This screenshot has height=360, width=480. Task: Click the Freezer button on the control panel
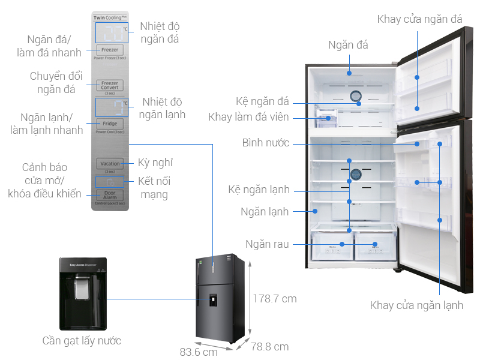click(x=110, y=50)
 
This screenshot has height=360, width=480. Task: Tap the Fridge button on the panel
click(x=110, y=124)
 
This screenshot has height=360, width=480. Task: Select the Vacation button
click(x=110, y=163)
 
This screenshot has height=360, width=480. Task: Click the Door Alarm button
click(x=110, y=195)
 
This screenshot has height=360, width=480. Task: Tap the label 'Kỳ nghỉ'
click(x=151, y=163)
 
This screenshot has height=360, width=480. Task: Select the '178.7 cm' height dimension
click(x=274, y=298)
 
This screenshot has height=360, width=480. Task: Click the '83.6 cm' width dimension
click(x=199, y=352)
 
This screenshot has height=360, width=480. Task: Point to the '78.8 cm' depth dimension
click(x=269, y=347)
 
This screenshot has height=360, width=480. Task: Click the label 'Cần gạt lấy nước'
click(x=82, y=341)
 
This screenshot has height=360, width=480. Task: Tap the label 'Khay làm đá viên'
click(x=248, y=117)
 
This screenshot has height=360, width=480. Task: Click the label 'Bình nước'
click(x=266, y=143)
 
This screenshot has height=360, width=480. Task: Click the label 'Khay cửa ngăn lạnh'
click(x=416, y=305)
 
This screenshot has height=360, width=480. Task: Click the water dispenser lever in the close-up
click(x=82, y=291)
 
